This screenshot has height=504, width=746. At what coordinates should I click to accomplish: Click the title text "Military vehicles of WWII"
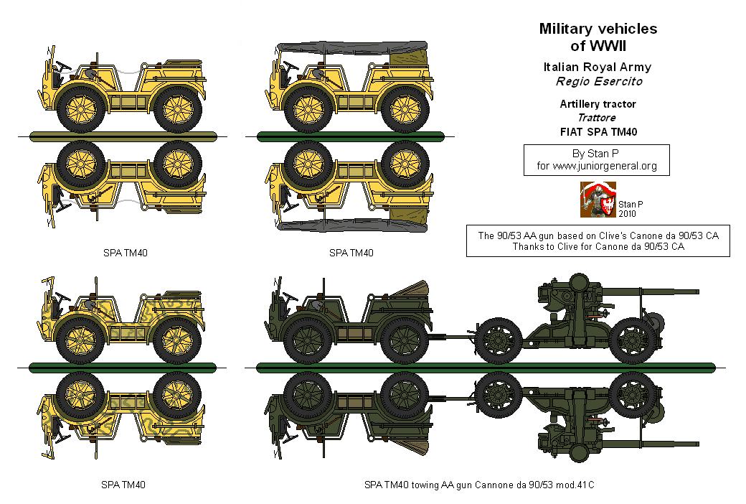tap(598, 37)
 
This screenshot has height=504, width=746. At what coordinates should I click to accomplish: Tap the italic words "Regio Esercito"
tap(599, 81)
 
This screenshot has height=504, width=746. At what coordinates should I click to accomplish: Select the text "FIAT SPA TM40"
tap(598, 132)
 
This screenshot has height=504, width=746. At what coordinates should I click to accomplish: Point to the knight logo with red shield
tap(598, 200)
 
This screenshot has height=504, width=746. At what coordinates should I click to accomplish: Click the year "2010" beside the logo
tap(627, 214)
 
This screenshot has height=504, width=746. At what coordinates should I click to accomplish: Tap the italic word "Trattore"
tap(597, 118)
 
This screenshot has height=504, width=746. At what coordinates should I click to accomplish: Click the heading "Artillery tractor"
tap(598, 104)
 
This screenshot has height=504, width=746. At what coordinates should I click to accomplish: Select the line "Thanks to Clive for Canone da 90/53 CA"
tap(598, 246)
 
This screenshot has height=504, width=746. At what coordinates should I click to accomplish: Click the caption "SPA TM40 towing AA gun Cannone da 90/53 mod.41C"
tap(479, 485)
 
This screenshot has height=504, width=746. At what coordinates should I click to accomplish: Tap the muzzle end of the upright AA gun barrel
tap(698, 291)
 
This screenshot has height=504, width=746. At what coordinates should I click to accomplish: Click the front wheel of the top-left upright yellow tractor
tap(80, 109)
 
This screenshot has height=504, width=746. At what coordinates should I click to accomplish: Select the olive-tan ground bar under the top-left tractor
tap(123, 136)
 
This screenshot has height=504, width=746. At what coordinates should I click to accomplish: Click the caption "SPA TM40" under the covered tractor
tap(351, 253)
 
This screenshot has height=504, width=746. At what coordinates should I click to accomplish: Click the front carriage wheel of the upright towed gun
tap(499, 342)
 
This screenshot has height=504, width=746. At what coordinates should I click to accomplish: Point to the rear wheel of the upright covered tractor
tap(405, 109)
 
